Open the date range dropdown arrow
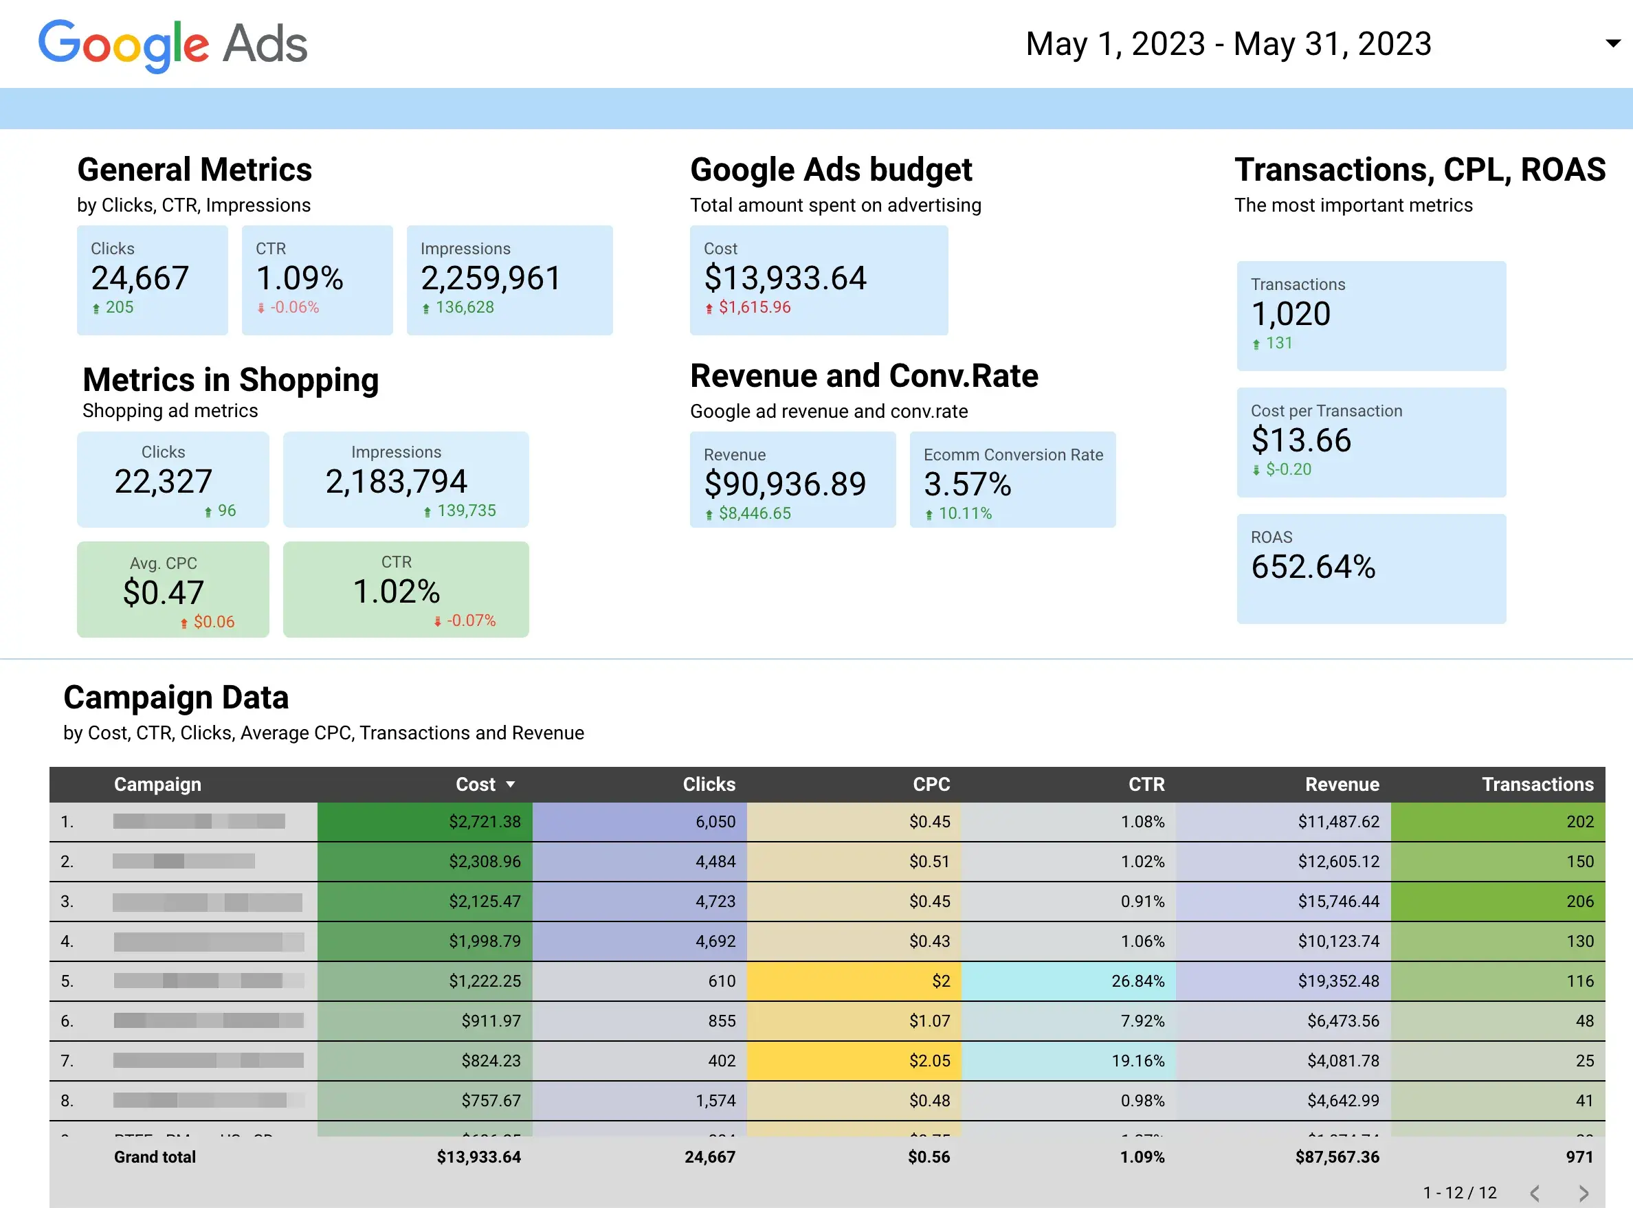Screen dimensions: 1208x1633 pos(1612,43)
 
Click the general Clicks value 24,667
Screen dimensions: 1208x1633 pos(140,278)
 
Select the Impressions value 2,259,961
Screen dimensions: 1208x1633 pos(491,278)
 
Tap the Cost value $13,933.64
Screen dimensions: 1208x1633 pos(785,278)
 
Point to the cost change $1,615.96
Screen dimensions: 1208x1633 pos(754,308)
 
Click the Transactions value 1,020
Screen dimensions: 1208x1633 pos(1291,315)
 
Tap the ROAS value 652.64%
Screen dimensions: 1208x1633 pos(1313,568)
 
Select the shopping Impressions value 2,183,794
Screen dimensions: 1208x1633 pos(396,482)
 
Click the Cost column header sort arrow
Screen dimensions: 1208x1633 pos(511,785)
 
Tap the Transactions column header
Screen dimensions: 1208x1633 pos(1537,785)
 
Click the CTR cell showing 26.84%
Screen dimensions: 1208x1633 pos(1138,981)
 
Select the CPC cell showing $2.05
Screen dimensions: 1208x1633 pos(929,1061)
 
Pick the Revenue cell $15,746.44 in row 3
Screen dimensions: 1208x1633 pos(1338,902)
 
